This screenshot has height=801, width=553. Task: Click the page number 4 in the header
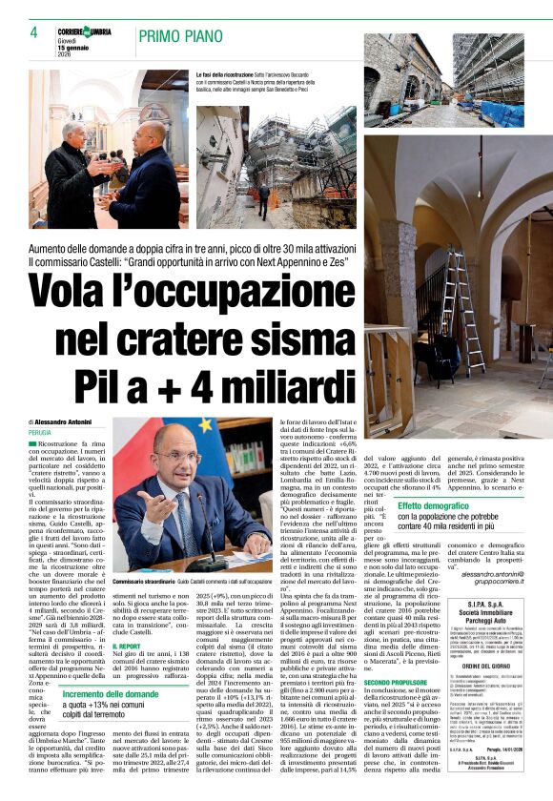coord(33,32)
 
